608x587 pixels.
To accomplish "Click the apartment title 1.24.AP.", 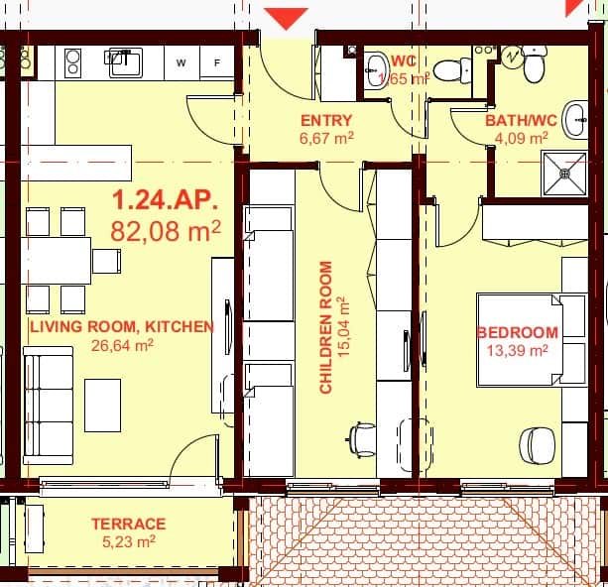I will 164,199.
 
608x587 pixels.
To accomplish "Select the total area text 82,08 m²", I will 166,232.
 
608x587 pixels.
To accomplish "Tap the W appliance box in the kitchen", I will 181,62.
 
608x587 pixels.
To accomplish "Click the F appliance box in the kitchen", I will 216,62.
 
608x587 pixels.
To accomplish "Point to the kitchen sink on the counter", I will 125,61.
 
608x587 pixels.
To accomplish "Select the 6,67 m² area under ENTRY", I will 326,139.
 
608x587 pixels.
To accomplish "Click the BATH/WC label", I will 521,121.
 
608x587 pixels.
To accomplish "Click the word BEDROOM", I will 517,332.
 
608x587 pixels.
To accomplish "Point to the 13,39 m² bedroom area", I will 517,350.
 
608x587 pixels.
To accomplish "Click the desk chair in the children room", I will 362,435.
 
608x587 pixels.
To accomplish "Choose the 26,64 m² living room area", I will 120,345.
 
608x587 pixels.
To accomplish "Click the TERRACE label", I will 129,524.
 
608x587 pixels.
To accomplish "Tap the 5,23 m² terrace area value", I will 129,541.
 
